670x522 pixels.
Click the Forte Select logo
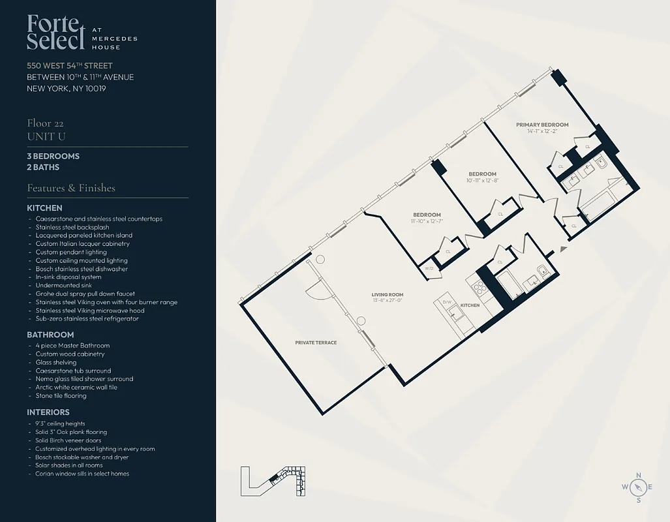tap(56, 33)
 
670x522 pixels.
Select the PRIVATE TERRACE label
tap(316, 343)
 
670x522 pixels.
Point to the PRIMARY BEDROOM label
tap(542, 125)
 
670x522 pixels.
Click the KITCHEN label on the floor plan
tap(470, 305)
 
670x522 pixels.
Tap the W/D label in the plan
tap(429, 268)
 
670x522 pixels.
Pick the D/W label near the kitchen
tap(447, 302)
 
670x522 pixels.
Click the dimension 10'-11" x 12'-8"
tap(483, 180)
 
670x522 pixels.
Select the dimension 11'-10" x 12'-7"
tap(427, 221)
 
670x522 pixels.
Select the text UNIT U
tap(46, 136)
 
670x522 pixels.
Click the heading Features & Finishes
tap(71, 188)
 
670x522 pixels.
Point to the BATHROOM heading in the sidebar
tap(50, 335)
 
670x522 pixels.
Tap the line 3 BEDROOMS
tap(53, 157)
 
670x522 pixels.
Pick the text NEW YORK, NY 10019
tap(66, 89)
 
